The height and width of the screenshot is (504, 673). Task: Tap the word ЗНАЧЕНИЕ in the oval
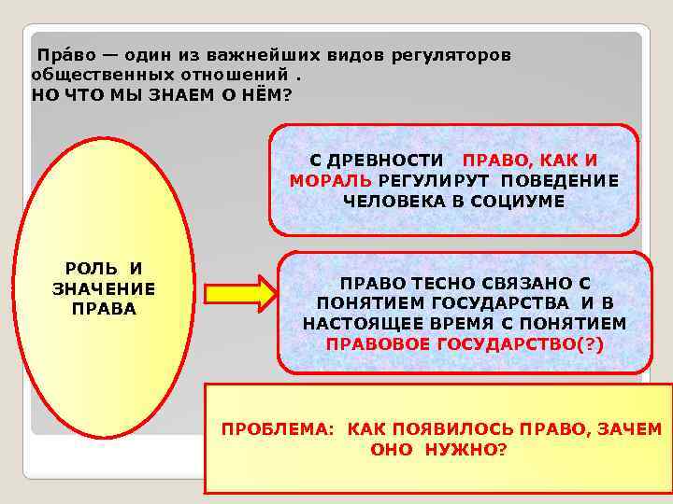point(104,289)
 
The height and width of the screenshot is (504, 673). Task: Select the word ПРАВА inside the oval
point(104,309)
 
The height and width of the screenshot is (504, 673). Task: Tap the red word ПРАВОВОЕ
point(372,343)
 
